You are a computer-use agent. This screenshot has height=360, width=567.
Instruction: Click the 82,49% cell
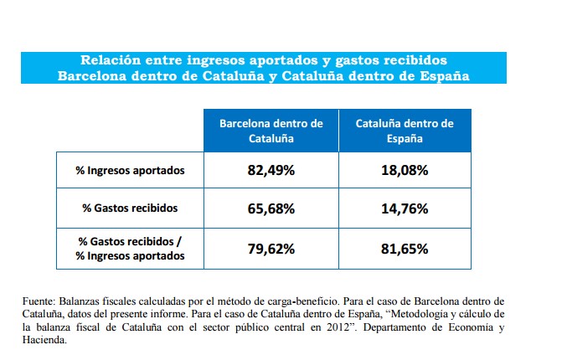point(271,171)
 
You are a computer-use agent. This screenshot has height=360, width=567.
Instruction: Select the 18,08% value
point(405,171)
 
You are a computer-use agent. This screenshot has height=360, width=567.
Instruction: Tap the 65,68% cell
point(271,208)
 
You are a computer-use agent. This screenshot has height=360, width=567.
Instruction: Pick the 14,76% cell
point(405,208)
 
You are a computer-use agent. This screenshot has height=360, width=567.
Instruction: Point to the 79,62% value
point(271,249)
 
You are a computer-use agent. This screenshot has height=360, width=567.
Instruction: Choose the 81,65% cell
point(405,249)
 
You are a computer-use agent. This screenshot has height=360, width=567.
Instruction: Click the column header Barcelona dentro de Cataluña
point(271,130)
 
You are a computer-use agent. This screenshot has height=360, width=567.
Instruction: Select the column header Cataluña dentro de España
point(405,130)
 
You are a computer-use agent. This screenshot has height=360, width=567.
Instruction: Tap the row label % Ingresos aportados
point(130,171)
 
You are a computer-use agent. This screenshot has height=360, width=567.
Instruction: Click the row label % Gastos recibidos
point(130,208)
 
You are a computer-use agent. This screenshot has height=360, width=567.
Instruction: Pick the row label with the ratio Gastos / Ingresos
point(130,249)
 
